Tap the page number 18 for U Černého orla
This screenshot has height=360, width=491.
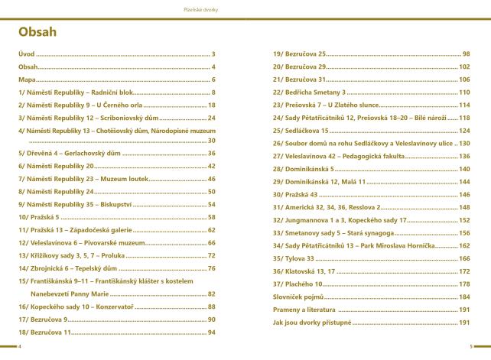click(212, 105)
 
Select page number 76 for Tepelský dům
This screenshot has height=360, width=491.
click(212, 268)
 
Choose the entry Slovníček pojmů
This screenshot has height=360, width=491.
click(298, 297)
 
